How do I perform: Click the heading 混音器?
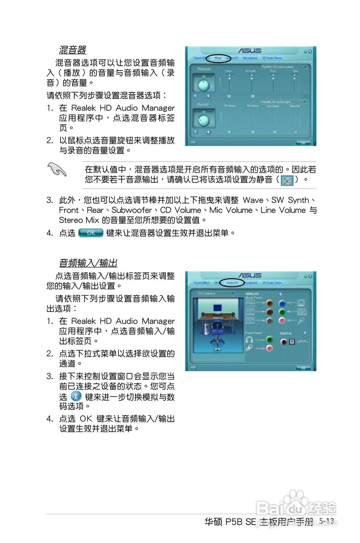click(73, 50)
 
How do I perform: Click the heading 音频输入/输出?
click(88, 263)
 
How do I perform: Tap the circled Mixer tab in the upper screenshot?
click(218, 58)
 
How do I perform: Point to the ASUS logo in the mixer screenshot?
click(250, 50)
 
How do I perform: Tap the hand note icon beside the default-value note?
click(58, 170)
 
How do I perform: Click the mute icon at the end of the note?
click(287, 180)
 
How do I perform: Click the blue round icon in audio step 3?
click(75, 397)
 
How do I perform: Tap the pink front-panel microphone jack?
click(269, 348)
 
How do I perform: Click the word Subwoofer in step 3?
click(131, 210)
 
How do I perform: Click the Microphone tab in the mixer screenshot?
click(250, 58)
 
